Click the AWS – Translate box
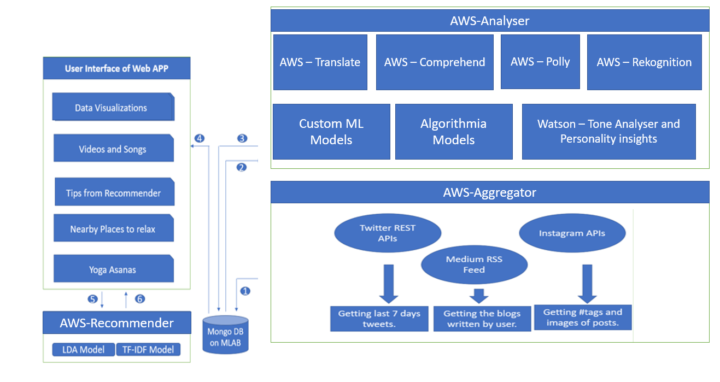[320, 62]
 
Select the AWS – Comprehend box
[435, 62]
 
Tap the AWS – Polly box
[540, 62]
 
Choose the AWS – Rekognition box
[644, 62]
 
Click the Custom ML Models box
[331, 132]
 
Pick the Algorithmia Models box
[454, 132]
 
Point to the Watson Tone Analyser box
[608, 132]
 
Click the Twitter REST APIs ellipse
[388, 233]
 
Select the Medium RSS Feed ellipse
[474, 265]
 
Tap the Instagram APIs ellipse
[572, 233]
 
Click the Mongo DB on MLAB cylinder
[225, 334]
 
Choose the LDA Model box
[84, 350]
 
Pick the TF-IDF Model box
[148, 350]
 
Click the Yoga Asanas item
[113, 269]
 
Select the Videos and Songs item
[113, 149]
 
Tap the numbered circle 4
[200, 139]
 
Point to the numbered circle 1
[245, 291]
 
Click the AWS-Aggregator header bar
[490, 192]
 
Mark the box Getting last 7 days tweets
[379, 319]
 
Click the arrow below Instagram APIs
[587, 283]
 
